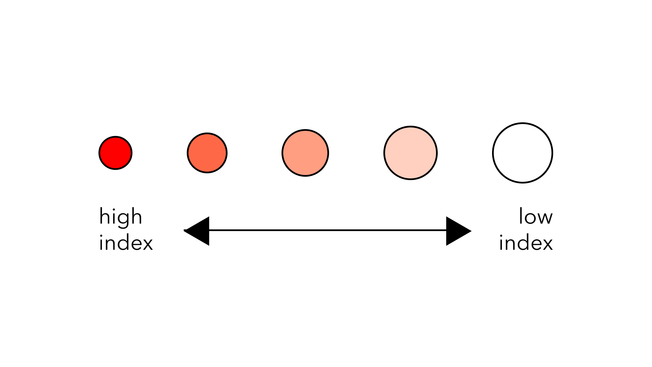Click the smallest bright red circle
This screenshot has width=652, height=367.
click(115, 153)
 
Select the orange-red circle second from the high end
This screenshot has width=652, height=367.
click(207, 153)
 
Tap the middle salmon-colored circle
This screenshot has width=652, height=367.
click(305, 153)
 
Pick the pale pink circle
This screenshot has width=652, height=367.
click(411, 153)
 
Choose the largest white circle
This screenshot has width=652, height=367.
click(523, 153)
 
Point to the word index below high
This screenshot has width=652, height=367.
click(126, 243)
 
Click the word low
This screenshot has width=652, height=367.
click(536, 216)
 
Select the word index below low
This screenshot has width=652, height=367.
click(526, 243)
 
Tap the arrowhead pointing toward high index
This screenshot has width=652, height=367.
click(196, 231)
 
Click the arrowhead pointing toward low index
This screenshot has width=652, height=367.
click(459, 231)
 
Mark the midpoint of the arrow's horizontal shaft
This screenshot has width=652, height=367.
click(328, 230)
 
